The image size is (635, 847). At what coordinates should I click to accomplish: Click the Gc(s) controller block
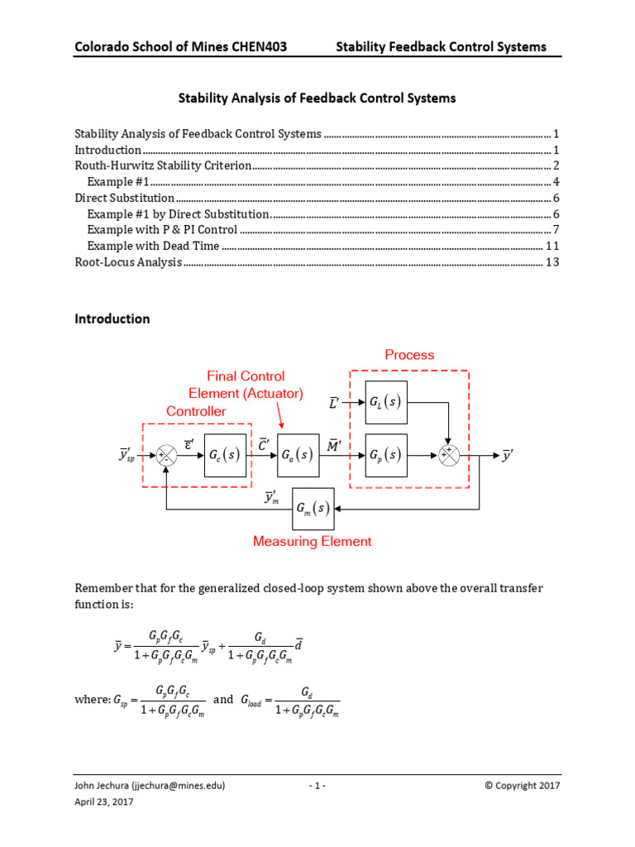tap(225, 455)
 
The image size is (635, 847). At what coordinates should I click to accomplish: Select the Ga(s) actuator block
tap(296, 455)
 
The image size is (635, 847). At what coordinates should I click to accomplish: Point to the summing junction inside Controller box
tap(167, 455)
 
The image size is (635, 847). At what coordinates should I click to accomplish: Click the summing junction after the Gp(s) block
tap(448, 455)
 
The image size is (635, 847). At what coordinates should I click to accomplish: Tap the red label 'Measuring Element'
tap(312, 542)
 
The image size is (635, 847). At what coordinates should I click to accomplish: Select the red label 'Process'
tap(409, 355)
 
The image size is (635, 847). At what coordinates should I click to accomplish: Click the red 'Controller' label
tap(196, 411)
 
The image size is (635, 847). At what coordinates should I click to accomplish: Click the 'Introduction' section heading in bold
tap(112, 318)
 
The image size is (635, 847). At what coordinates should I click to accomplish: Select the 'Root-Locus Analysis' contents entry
tap(128, 262)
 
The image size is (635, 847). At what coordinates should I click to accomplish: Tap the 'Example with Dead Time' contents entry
tap(153, 246)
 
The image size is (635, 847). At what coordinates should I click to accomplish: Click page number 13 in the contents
tap(553, 262)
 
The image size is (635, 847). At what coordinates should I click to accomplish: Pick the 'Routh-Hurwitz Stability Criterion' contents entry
tap(163, 165)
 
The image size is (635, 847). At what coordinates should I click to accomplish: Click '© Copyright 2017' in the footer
tap(523, 785)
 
